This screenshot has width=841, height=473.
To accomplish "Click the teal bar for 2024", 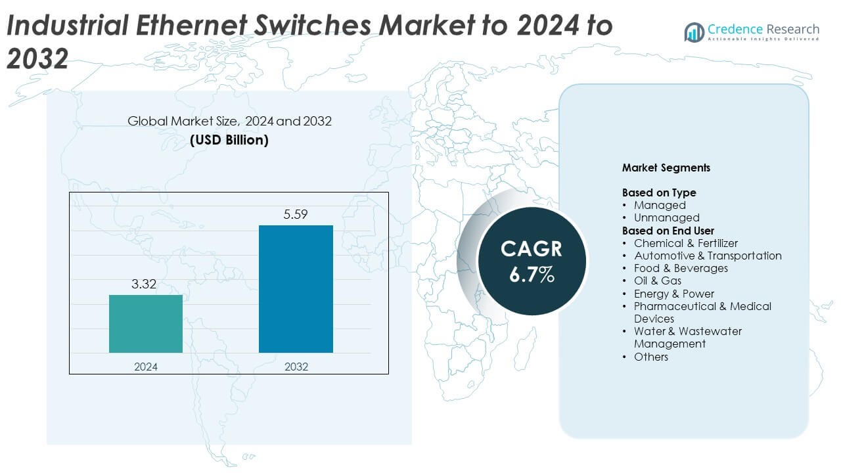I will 146,323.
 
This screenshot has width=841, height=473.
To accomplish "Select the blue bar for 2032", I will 296,289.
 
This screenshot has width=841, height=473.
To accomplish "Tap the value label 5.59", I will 296,214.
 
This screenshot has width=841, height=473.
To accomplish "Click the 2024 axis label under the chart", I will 146,367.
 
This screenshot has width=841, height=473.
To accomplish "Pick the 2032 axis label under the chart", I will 296,367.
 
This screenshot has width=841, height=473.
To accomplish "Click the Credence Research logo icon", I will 694,32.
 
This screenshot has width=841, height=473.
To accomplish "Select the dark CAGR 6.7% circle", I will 532,261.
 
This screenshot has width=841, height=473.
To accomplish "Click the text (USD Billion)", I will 229,140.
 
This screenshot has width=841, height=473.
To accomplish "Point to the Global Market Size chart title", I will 229,121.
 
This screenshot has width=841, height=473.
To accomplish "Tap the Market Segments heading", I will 666,168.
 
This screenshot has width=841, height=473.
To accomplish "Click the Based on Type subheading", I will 658,192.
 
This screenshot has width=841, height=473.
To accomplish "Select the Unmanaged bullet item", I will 666,217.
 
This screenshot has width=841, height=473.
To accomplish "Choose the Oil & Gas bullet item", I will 657,281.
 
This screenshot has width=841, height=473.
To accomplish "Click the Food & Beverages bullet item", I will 681,268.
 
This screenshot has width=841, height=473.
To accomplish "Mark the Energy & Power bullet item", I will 673,294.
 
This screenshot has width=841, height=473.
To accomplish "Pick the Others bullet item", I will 650,357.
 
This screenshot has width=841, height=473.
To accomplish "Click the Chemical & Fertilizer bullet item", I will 685,243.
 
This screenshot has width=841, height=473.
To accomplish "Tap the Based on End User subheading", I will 668,231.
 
